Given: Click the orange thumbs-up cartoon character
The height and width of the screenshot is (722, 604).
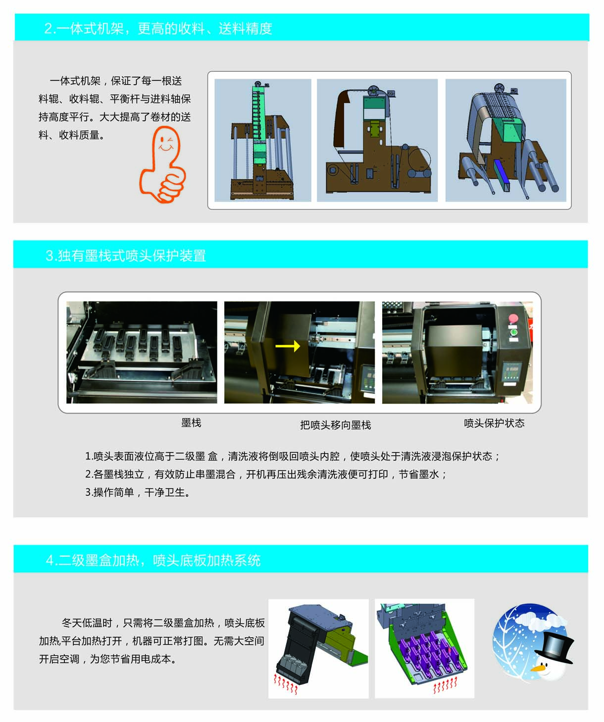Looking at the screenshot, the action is point(162,165).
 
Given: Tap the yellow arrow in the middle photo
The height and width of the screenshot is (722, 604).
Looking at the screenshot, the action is point(288,346).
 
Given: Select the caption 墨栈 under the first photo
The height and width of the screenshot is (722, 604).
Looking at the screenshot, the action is point(191,422).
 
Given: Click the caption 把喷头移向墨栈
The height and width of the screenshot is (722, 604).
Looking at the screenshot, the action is point(335,424).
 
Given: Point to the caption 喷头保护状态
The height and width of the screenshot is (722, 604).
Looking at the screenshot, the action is point(494,423).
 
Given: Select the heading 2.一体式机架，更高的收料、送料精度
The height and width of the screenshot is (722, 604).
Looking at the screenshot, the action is point(158,28).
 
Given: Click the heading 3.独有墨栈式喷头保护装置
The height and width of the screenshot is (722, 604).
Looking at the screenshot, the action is point(126,256).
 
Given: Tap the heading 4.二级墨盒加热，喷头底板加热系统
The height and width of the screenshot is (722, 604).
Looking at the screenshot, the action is point(153,560).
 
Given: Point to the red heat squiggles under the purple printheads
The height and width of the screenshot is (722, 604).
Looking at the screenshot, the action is point(445,685).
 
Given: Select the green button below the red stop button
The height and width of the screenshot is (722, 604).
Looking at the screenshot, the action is point(513,332).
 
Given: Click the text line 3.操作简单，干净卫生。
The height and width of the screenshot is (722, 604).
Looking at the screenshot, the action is point(138,492).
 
